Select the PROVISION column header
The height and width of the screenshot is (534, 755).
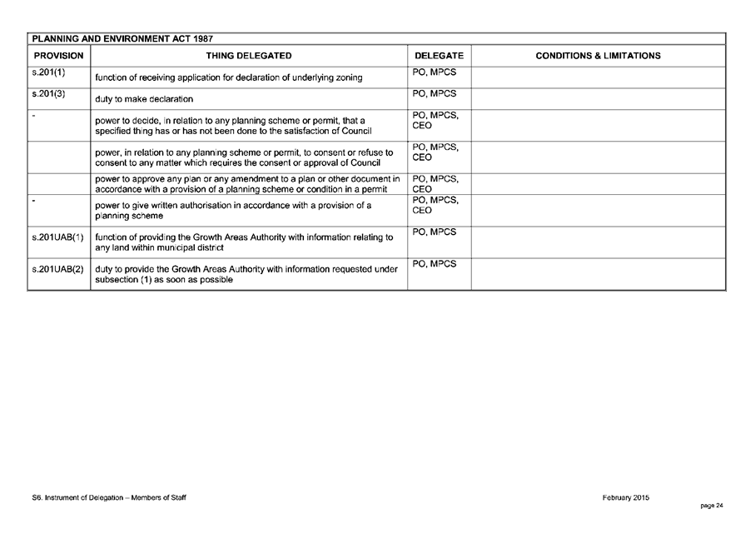58,56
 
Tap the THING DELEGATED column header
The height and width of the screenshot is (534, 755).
249,56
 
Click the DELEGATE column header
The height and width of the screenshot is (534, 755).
439,56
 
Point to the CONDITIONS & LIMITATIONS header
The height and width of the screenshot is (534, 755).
598,56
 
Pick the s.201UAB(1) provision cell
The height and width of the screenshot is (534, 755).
57,237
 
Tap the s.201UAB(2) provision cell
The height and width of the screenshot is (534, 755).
57,269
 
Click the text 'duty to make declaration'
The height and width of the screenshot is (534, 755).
144,99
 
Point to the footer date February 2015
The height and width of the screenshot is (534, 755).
625,497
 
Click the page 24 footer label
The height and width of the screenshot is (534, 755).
712,505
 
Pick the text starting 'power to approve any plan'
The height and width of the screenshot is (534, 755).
247,184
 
